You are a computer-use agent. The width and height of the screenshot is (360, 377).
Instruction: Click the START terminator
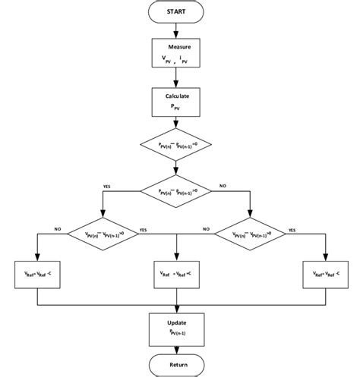[176, 13]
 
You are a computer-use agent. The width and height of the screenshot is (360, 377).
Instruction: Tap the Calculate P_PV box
[176, 102]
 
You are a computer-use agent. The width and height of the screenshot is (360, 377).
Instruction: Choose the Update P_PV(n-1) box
[176, 327]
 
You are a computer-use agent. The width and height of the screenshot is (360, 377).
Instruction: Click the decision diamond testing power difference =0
[176, 143]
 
